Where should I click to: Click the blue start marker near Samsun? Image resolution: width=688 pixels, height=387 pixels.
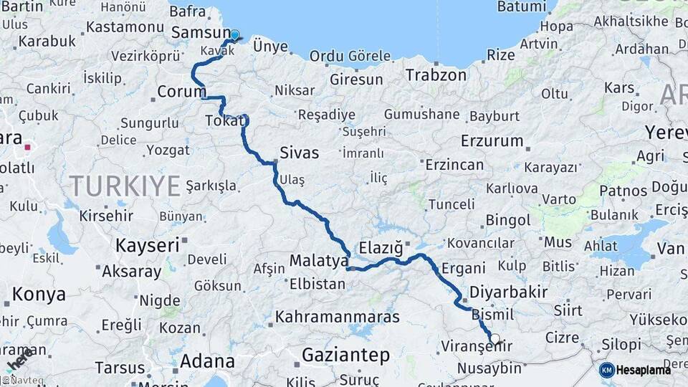[x=234, y=34]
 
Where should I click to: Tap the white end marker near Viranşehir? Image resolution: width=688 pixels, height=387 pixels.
[x=494, y=338]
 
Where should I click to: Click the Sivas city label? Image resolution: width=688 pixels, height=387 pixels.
[x=299, y=152]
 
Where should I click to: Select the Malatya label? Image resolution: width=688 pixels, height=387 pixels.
[x=318, y=260]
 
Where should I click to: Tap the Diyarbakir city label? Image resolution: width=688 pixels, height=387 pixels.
[x=509, y=292]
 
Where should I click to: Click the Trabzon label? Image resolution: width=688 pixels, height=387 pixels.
[x=436, y=75]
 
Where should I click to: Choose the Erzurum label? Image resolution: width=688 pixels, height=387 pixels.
[x=492, y=140]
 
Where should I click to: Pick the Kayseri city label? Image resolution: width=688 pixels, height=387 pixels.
[x=147, y=246]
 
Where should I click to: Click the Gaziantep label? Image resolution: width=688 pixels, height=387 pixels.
[x=345, y=355]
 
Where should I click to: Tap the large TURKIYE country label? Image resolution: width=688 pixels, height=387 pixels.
[x=125, y=186]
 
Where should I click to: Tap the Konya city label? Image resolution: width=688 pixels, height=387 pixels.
[x=39, y=294]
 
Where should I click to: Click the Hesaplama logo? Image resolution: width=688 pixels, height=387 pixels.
[x=635, y=370]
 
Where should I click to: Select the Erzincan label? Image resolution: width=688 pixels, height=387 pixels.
[x=454, y=165]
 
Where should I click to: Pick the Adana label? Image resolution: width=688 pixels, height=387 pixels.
[x=207, y=360]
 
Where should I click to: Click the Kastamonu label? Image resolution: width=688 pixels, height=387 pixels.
[x=125, y=28]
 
